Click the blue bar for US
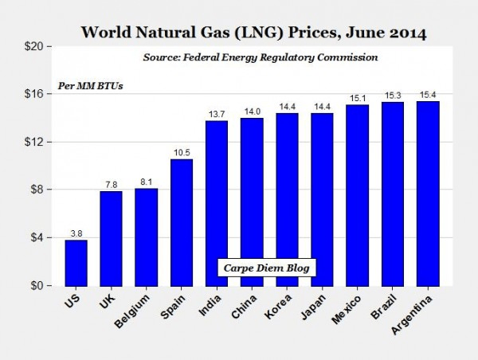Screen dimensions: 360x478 pos(76,262)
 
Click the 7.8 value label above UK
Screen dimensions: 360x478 pos(111,184)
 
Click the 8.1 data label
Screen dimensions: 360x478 pos(147,181)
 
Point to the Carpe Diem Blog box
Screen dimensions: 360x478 pos(268,268)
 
